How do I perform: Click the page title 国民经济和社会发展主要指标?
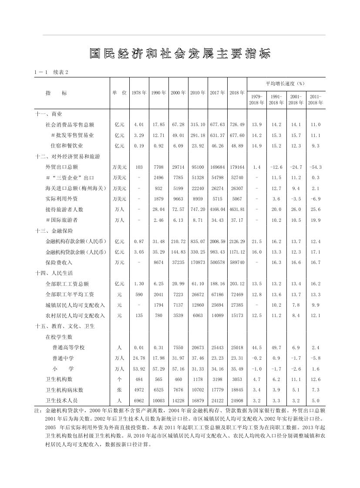pos(180,53)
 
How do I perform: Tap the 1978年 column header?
pos(139,93)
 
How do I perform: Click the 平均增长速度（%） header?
pos(286,83)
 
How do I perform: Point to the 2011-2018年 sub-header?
pos(316,100)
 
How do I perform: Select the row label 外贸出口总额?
pos(61,167)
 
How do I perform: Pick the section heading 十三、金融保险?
pos(54,231)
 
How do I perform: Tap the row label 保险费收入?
pos(59,262)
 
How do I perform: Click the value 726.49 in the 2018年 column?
pos(237,124)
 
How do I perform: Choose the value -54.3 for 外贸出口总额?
pos(316,167)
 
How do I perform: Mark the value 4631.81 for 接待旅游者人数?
pos(237,209)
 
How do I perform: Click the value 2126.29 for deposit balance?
pos(237,241)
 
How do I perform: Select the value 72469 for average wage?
pos(237,294)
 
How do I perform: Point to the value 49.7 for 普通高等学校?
pos(276,348)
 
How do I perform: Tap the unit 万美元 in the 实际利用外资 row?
pos(119,199)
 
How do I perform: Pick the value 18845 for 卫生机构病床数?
pos(237,390)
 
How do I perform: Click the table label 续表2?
pos(61,72)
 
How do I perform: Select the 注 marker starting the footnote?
pos(37,411)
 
